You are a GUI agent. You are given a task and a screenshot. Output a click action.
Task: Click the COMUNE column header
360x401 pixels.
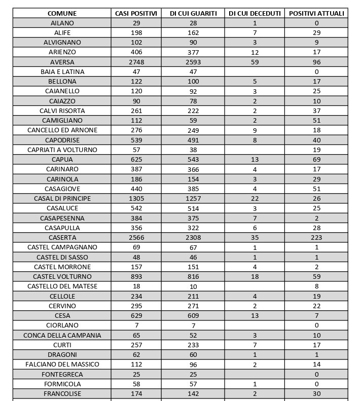click(x=62, y=13)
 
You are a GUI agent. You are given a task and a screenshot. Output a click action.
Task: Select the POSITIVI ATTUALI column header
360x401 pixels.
click(x=316, y=13)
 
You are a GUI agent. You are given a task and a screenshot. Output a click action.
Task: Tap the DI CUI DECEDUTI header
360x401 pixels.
click(x=255, y=13)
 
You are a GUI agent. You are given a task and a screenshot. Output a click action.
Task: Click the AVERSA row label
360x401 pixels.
click(x=62, y=62)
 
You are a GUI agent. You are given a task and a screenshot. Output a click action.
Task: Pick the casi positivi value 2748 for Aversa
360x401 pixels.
click(x=136, y=62)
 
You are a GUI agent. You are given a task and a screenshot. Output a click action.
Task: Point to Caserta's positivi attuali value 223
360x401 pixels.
click(x=316, y=237)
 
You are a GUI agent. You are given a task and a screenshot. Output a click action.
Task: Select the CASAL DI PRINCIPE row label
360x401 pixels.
click(x=62, y=198)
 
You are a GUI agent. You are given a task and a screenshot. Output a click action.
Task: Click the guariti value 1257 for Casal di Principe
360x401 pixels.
click(x=193, y=198)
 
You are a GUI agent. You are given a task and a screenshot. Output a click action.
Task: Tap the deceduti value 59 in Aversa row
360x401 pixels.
click(x=255, y=62)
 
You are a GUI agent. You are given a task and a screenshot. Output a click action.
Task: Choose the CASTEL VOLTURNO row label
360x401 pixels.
click(x=62, y=276)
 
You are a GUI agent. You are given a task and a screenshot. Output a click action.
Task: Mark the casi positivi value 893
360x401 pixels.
click(x=136, y=276)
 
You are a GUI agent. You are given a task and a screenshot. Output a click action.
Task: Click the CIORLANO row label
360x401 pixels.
click(x=62, y=325)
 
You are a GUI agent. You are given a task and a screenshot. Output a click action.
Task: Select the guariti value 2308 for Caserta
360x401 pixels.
click(x=193, y=237)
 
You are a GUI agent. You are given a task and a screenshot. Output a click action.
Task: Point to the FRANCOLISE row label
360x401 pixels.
click(x=62, y=393)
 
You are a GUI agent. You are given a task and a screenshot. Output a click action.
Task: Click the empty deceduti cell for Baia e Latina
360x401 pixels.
click(x=255, y=71)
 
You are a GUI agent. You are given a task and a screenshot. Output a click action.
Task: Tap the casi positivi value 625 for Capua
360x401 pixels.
click(x=136, y=159)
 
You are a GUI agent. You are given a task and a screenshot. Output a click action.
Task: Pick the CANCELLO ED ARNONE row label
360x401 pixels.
click(x=62, y=130)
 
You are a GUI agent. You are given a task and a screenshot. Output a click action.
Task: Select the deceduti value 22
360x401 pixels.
click(x=255, y=198)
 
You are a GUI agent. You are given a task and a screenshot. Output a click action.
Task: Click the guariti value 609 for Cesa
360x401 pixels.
click(x=193, y=315)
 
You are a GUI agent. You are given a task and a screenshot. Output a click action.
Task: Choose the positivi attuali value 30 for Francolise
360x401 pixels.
click(x=316, y=393)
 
